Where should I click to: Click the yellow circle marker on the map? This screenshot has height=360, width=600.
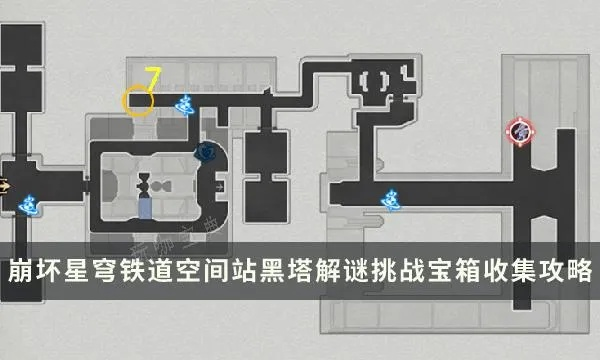[x=136, y=99]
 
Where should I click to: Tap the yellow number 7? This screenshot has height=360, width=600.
[x=153, y=77]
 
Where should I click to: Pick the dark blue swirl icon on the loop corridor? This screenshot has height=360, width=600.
[x=206, y=152]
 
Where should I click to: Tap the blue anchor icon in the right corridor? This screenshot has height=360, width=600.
[x=389, y=199]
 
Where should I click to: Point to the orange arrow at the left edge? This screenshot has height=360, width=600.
[x=5, y=185]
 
